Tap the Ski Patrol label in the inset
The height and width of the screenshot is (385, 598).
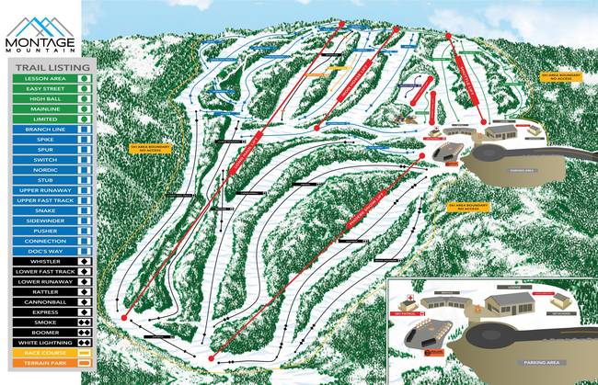pyautogui.click(x=405, y=312)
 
